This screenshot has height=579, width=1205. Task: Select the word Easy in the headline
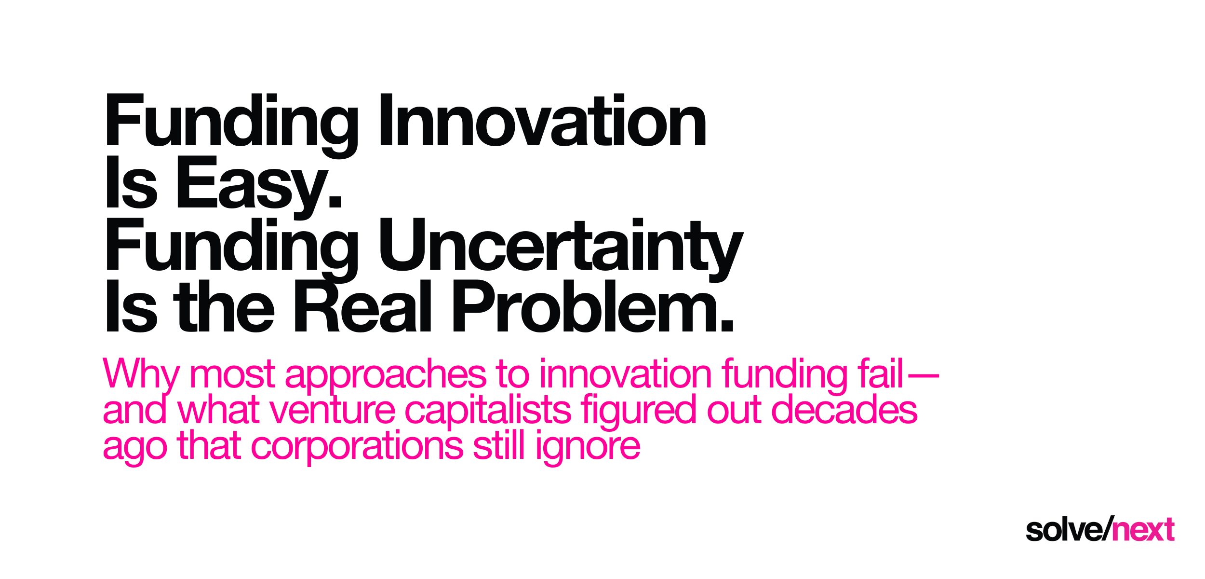258,183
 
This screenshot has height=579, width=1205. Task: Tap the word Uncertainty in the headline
561,245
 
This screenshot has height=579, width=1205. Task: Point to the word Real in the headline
362,307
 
